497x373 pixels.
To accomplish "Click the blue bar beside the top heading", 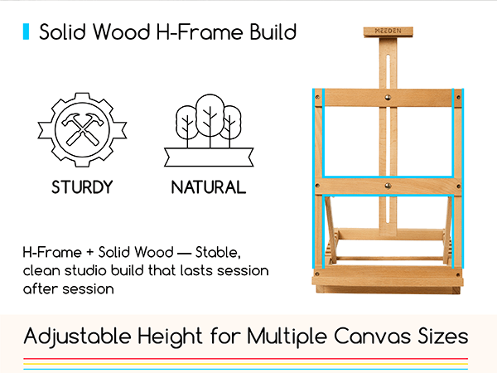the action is click(x=26, y=31).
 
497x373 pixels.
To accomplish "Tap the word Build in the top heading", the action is click(x=273, y=31).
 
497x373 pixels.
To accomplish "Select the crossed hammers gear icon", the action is click(x=82, y=130).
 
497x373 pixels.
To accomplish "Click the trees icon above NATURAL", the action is click(x=209, y=130).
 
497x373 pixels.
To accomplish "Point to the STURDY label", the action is click(x=82, y=187).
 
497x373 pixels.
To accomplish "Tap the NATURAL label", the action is click(x=209, y=187).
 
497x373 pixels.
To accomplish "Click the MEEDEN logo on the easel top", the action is click(x=388, y=31).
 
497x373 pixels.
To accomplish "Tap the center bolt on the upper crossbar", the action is click(x=388, y=98).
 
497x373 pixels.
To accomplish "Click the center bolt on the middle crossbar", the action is click(x=388, y=186).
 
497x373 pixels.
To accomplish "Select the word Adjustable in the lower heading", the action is click(x=77, y=337).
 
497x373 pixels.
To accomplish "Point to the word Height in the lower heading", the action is click(x=170, y=337).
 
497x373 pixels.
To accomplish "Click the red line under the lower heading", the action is click(x=246, y=359).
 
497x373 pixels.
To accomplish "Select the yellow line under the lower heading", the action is click(x=246, y=364).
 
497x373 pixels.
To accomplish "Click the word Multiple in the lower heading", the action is click(x=287, y=337).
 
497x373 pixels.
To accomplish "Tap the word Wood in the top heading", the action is click(x=122, y=31).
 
